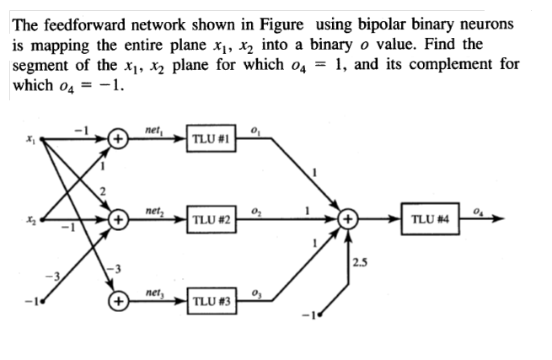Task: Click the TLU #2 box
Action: click(212, 220)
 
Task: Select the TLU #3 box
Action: click(212, 301)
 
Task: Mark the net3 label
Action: click(153, 290)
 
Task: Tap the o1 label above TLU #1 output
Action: click(256, 127)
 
